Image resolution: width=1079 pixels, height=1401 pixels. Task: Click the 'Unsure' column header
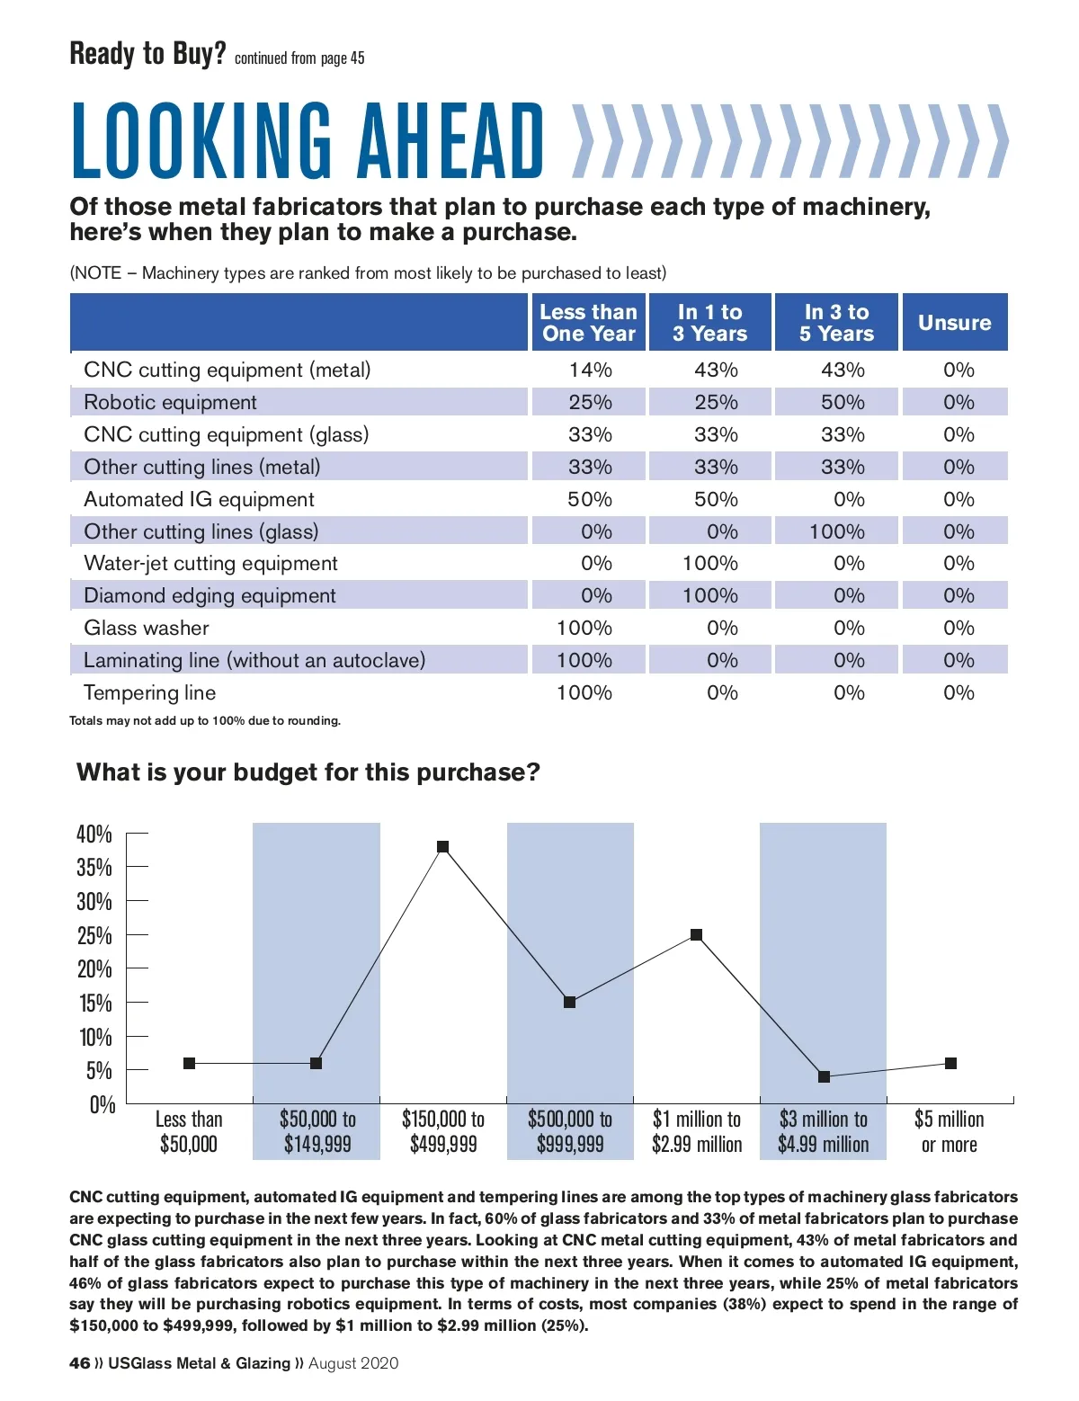pyautogui.click(x=954, y=323)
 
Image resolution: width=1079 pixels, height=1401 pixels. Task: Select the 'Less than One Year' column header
pyautogui.click(x=588, y=323)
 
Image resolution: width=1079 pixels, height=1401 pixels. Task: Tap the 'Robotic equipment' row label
pyautogui.click(x=170, y=402)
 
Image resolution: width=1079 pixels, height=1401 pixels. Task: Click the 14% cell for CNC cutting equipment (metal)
pyautogui.click(x=590, y=370)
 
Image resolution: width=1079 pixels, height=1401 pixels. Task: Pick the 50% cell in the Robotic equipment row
pyautogui.click(x=843, y=402)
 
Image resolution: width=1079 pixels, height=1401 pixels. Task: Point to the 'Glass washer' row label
pyautogui.click(x=147, y=628)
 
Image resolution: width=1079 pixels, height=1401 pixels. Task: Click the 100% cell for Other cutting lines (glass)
pyautogui.click(x=836, y=531)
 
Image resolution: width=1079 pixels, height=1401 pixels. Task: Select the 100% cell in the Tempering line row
pyautogui.click(x=584, y=692)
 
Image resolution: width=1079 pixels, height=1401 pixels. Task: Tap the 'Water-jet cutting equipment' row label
pyautogui.click(x=210, y=563)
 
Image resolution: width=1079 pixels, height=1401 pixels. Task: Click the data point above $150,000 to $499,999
pyautogui.click(x=442, y=847)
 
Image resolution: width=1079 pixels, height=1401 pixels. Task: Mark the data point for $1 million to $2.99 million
pyautogui.click(x=696, y=935)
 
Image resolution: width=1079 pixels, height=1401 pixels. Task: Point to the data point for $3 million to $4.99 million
pyautogui.click(x=824, y=1076)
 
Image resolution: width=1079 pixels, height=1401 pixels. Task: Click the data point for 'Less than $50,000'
pyautogui.click(x=189, y=1064)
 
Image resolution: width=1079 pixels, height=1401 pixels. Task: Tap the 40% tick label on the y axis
pyautogui.click(x=94, y=834)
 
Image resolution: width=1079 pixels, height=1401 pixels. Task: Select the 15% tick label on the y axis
pyautogui.click(x=94, y=1004)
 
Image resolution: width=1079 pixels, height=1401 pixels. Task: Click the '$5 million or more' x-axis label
pyautogui.click(x=949, y=1131)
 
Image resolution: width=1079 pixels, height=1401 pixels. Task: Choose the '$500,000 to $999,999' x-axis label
pyautogui.click(x=570, y=1131)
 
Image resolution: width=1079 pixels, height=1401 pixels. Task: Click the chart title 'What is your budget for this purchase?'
pyautogui.click(x=308, y=772)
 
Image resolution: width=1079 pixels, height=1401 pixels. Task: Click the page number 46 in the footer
pyautogui.click(x=80, y=1363)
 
